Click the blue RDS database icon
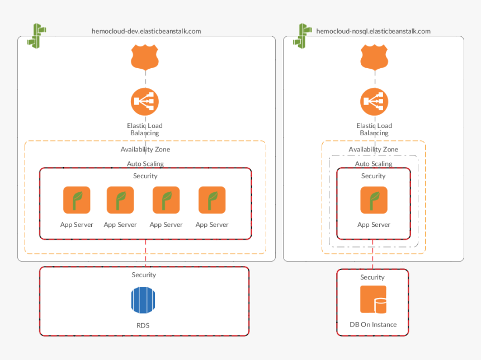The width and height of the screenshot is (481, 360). coord(145,300)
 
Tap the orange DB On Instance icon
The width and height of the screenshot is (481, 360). coord(373,299)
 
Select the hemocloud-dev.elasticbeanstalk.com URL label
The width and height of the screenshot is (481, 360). coord(147,31)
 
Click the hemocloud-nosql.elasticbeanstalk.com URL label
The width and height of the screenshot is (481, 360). coord(373,31)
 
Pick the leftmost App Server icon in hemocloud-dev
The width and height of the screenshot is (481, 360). coord(77,200)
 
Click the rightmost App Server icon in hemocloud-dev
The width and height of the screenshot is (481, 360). coord(212,200)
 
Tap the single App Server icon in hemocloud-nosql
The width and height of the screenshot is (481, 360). coord(374,200)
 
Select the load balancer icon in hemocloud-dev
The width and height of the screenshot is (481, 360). coord(145,102)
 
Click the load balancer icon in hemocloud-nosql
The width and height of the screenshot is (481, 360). coord(374,102)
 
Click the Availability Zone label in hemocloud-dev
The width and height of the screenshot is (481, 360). coord(145,149)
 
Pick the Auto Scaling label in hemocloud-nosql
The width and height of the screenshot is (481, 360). coord(373,164)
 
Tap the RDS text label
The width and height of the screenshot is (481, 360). coord(143,325)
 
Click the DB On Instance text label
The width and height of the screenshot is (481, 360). coord(373,325)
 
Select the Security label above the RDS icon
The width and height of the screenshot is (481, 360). coord(144,275)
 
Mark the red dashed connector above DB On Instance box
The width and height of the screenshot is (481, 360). coord(373,258)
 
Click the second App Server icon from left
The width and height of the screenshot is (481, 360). coord(120,200)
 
